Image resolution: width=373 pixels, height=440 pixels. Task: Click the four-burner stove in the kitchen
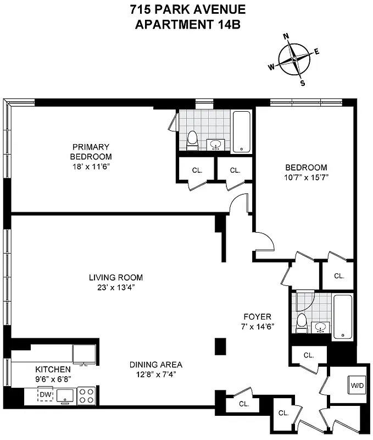coord(86,395)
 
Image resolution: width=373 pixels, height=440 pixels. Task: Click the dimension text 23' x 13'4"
coord(116,287)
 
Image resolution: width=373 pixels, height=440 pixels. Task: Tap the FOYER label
coord(256,317)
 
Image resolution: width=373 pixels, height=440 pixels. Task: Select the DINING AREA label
coord(156,365)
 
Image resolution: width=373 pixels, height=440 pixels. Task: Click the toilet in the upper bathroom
coord(192,141)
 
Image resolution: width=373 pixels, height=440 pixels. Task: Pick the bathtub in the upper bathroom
coord(241,131)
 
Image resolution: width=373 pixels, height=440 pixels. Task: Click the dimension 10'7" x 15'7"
coord(305,177)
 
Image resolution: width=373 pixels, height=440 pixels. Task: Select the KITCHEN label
coord(53,369)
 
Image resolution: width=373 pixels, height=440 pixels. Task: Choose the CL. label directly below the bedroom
coord(338,276)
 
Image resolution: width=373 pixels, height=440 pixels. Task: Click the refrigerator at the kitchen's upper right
coord(85,354)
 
